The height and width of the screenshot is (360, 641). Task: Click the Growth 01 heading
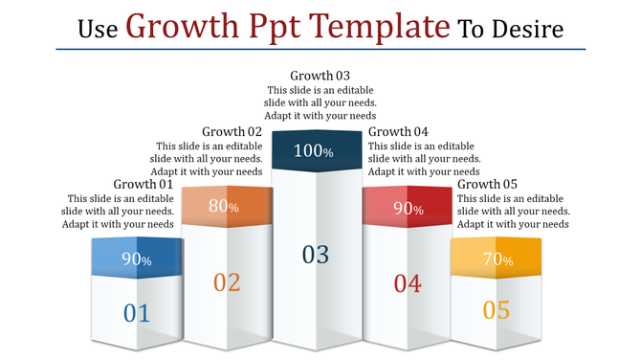pos(144,184)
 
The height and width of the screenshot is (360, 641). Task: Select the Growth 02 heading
pos(232,131)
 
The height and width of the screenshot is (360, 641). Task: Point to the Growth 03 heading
pos(320,75)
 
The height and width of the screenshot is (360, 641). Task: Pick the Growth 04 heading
pos(399,131)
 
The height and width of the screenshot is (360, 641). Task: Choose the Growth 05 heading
pos(487,184)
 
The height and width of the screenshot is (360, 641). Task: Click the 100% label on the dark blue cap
pos(313,151)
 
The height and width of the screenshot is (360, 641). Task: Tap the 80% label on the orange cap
pos(224,206)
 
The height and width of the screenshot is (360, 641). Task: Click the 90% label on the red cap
pos(409,208)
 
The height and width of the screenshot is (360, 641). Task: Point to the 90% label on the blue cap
pos(136,259)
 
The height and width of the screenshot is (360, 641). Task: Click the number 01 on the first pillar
pos(137,312)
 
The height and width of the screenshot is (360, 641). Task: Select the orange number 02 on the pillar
pos(227,282)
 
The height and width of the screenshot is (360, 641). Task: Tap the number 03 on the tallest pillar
pos(315,254)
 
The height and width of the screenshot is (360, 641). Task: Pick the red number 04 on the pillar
pos(407,282)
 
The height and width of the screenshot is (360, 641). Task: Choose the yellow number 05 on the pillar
pos(496,310)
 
